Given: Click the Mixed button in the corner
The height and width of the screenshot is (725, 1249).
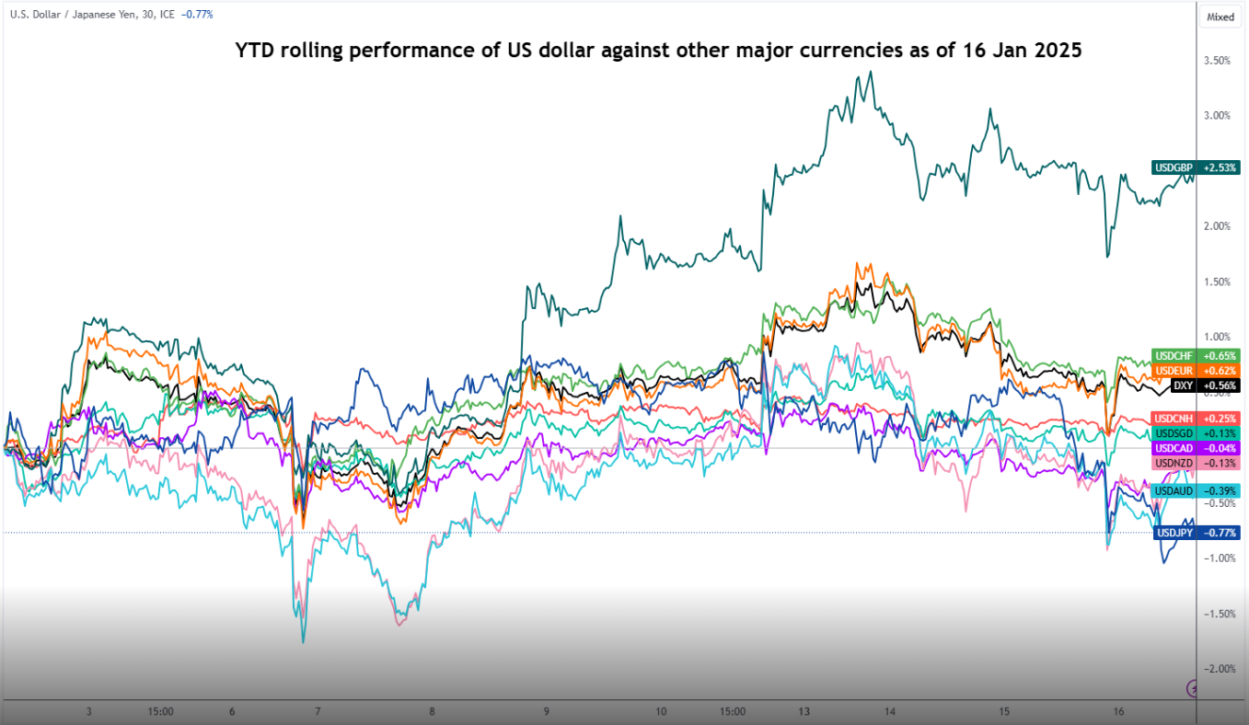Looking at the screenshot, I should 1220,17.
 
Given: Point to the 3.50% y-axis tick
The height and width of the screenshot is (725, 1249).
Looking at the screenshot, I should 1218,61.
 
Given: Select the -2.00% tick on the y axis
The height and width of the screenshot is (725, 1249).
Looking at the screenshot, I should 1218,669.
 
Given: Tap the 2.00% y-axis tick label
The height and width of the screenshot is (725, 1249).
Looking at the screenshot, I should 1218,226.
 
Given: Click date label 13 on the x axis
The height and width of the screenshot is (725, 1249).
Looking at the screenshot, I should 804,711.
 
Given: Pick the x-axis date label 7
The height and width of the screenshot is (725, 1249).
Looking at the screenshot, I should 318,711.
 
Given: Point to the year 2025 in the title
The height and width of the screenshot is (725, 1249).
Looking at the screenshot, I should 1058,52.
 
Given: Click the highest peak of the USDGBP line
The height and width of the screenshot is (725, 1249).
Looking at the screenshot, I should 870,72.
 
